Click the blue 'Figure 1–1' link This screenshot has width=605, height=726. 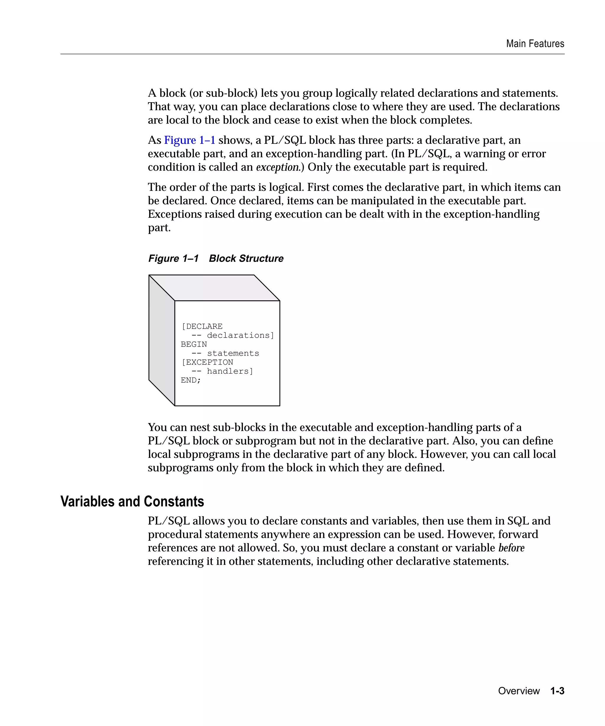189,140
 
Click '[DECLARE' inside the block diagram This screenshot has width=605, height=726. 202,326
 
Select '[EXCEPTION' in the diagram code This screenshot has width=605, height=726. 207,362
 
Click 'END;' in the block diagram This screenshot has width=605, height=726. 191,380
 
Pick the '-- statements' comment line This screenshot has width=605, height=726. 225,353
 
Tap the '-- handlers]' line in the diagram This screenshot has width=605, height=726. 222,371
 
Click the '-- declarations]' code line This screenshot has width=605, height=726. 233,335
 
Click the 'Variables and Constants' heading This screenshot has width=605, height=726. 132,501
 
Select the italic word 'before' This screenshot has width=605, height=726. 511,548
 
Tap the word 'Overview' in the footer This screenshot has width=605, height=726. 518,691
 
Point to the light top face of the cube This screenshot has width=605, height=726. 214,288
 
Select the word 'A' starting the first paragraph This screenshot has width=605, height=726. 152,93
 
